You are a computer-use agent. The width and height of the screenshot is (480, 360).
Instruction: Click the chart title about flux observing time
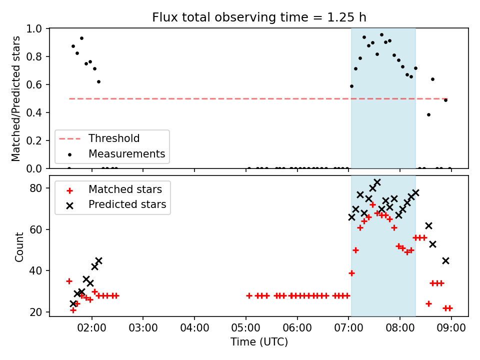click(259, 17)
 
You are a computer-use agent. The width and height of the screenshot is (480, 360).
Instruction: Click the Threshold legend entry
click(99, 138)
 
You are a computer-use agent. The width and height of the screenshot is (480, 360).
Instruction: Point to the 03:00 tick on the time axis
click(143, 327)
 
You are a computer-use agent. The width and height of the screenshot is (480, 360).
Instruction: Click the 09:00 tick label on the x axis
click(451, 327)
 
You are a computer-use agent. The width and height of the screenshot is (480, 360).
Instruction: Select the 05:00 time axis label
click(246, 327)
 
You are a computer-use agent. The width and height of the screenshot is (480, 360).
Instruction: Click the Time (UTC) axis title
click(259, 341)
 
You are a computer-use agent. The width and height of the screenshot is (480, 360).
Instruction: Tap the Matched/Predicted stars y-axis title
click(16, 98)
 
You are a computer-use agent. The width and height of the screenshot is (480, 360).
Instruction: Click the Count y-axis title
click(19, 246)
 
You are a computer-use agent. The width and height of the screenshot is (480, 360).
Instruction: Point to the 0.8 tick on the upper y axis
click(34, 56)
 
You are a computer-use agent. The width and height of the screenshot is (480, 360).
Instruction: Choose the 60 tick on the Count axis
click(36, 229)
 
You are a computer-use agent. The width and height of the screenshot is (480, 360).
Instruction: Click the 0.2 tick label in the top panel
click(34, 141)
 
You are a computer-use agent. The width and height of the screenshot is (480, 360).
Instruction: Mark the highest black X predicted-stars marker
click(377, 182)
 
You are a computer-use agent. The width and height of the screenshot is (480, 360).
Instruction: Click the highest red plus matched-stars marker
click(372, 205)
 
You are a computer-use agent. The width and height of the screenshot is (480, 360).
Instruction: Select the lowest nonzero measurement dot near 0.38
click(428, 115)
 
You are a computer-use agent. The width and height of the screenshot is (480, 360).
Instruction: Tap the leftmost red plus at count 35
click(69, 281)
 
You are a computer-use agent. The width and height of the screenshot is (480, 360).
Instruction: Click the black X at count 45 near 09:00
click(445, 261)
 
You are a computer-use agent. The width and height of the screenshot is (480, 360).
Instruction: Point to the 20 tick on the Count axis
click(36, 312)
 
